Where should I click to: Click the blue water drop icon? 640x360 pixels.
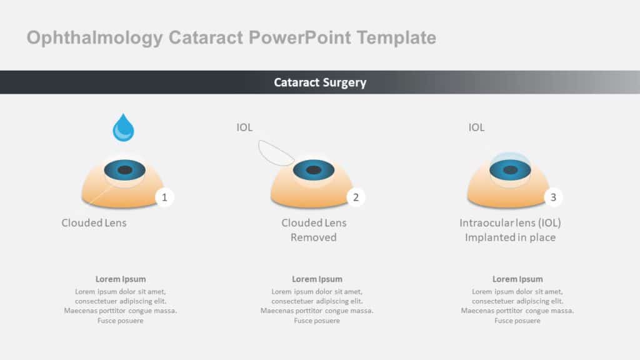(x=123, y=129)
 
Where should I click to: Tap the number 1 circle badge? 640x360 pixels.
(x=164, y=197)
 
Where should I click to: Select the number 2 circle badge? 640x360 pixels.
(x=356, y=197)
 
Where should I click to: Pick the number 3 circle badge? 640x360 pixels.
(x=553, y=197)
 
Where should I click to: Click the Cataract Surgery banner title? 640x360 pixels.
(x=320, y=82)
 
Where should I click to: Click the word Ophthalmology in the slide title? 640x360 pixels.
(x=94, y=38)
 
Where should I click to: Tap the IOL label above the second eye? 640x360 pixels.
(x=244, y=127)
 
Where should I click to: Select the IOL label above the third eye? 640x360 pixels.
(x=476, y=127)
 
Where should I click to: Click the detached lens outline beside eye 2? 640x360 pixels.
(x=276, y=152)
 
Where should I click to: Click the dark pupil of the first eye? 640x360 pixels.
(x=125, y=170)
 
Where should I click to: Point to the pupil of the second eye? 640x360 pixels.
(x=314, y=170)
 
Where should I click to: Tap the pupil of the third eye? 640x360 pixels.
(x=510, y=170)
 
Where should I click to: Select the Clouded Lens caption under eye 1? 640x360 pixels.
(x=94, y=223)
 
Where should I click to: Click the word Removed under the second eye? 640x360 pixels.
(x=314, y=237)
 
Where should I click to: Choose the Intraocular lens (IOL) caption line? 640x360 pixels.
(x=510, y=223)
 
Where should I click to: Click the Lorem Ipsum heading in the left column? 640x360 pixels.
(x=121, y=279)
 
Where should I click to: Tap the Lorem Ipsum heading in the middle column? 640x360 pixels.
(x=317, y=279)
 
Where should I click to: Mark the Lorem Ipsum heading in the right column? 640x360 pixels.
(x=517, y=279)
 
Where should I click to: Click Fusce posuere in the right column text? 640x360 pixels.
(x=517, y=321)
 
